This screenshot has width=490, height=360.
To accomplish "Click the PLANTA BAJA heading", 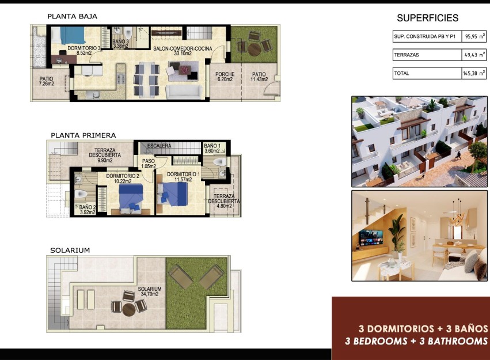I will (x=73, y=16).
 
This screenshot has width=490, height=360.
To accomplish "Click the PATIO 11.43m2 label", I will (x=259, y=77).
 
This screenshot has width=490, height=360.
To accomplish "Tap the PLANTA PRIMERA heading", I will (x=83, y=135).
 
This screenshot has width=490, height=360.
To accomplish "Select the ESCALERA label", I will (x=159, y=146).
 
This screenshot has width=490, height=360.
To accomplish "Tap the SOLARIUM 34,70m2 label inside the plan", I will (x=149, y=291).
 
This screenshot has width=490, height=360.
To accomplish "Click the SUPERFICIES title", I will (x=427, y=18).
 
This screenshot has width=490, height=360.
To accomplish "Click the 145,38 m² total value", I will (x=472, y=74).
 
